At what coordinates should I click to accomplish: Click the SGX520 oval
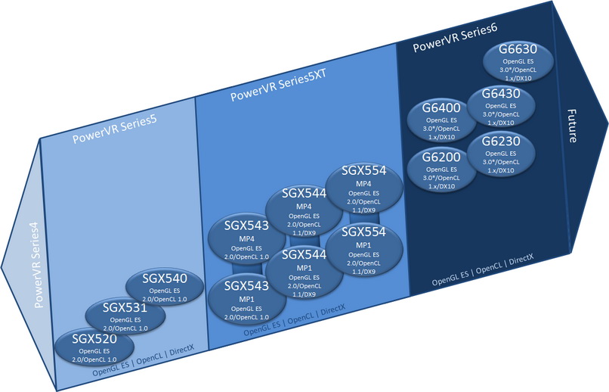point(94,347)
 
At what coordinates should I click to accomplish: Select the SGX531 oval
point(125,316)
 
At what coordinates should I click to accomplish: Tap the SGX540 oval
point(165,288)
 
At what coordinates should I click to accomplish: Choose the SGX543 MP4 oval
point(246,239)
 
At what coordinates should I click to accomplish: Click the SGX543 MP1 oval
point(247,300)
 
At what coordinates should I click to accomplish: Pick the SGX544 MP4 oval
point(304,210)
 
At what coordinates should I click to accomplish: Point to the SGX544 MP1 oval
point(304,272)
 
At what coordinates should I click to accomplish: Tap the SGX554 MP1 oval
point(364,250)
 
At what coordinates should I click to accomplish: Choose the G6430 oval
point(501,106)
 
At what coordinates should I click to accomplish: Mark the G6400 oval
point(441,120)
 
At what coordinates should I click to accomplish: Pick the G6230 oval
point(501,154)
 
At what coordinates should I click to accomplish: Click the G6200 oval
point(441,170)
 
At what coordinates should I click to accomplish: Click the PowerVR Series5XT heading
point(279,86)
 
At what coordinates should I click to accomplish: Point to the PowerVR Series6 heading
point(455,38)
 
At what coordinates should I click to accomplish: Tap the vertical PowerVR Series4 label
point(38,265)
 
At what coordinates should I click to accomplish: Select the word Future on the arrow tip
point(572,126)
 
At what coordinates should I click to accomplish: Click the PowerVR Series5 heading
point(115,129)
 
